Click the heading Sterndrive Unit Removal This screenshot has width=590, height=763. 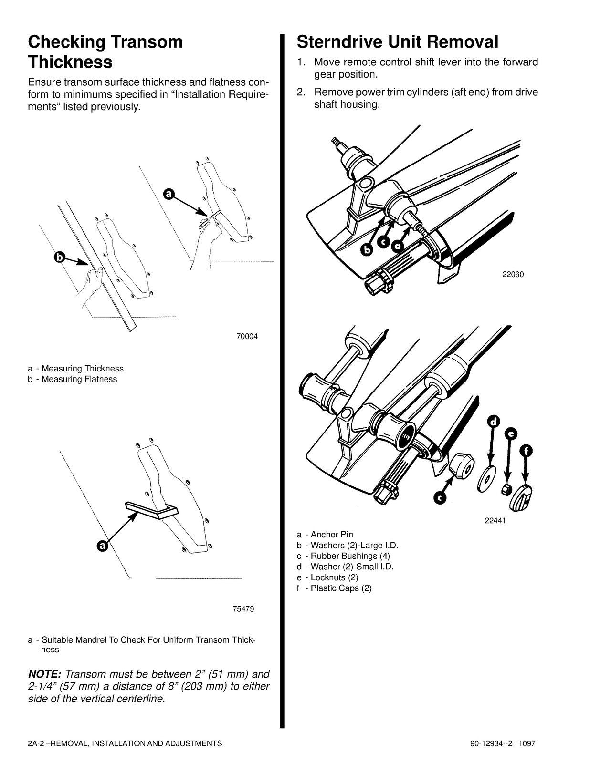pyautogui.click(x=397, y=42)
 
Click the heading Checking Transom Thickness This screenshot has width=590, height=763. pyautogui.click(x=105, y=52)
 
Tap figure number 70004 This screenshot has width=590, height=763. pyautogui.click(x=247, y=336)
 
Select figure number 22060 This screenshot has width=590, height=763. pyautogui.click(x=513, y=275)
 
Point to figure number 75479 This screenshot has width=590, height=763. pyautogui.click(x=243, y=609)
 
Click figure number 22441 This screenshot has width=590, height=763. pyautogui.click(x=495, y=521)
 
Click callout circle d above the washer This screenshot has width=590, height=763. pyautogui.click(x=494, y=422)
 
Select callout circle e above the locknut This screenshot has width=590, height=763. pyautogui.click(x=510, y=434)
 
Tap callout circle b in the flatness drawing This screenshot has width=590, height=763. pyautogui.click(x=59, y=258)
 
